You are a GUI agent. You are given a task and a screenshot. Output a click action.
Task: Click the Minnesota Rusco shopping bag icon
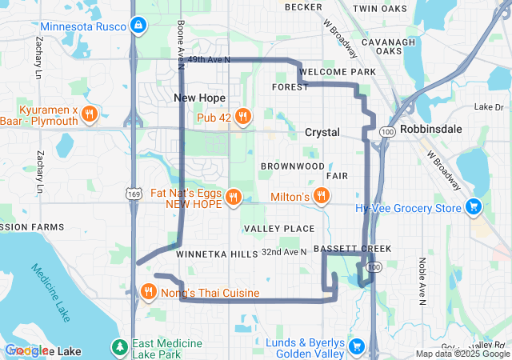[139, 26]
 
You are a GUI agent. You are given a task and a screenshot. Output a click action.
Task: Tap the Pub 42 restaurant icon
[243, 117]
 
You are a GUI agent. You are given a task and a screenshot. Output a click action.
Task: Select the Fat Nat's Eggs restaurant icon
[233, 196]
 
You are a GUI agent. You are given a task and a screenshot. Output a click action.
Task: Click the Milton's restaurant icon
[321, 196]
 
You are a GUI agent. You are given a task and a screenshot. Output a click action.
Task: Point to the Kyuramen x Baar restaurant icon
[89, 114]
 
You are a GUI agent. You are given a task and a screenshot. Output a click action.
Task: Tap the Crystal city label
[322, 132]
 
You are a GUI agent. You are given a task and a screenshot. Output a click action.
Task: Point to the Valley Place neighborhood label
[279, 229]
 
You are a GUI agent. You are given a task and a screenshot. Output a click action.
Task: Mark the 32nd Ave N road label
[284, 252]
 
